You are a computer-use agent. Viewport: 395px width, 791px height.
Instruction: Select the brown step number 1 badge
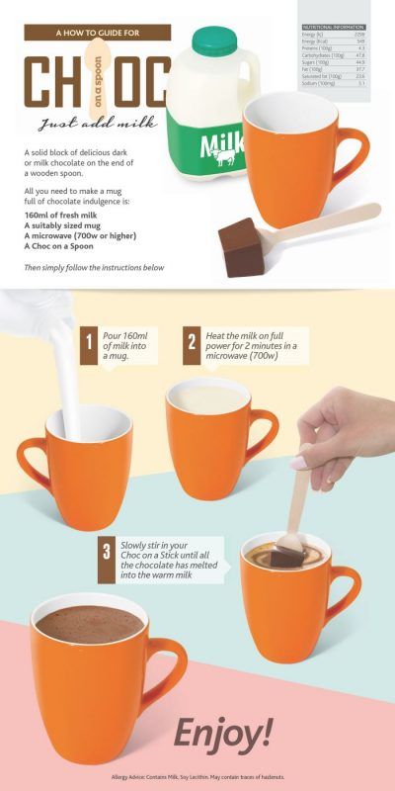[89, 344]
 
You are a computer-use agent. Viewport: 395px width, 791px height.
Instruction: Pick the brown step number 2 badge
[192, 344]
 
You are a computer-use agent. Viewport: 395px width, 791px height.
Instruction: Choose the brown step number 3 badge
[106, 551]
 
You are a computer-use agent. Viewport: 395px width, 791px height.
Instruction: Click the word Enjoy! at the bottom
[222, 734]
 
